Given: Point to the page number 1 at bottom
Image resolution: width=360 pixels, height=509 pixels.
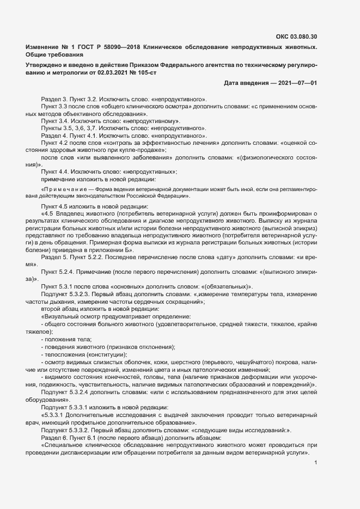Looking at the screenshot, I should point(316,463).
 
